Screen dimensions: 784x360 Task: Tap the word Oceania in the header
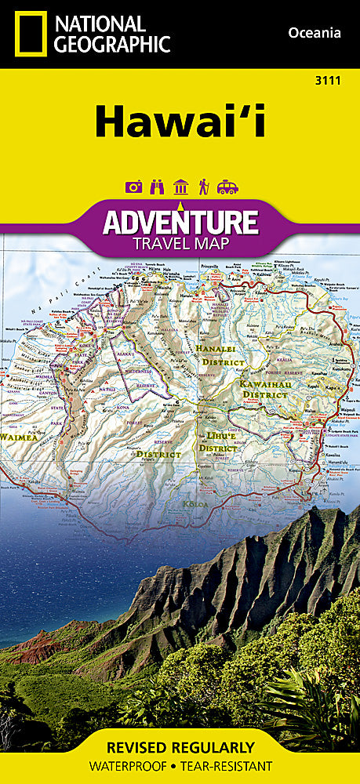[x=314, y=32]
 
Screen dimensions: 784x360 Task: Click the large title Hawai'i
[x=180, y=122]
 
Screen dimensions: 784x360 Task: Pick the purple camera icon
[x=134, y=187]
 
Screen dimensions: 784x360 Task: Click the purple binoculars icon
[x=157, y=187]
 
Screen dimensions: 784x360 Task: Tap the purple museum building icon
[x=180, y=187]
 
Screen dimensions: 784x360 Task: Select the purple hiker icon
[x=203, y=187]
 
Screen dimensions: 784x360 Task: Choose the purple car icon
[x=227, y=187]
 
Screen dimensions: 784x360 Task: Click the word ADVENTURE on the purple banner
[x=180, y=222]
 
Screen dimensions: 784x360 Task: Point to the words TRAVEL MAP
[x=180, y=243]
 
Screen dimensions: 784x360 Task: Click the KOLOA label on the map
[x=196, y=503]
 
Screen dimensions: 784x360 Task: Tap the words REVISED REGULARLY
[x=180, y=747]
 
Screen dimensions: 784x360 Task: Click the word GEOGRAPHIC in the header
[x=113, y=44]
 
